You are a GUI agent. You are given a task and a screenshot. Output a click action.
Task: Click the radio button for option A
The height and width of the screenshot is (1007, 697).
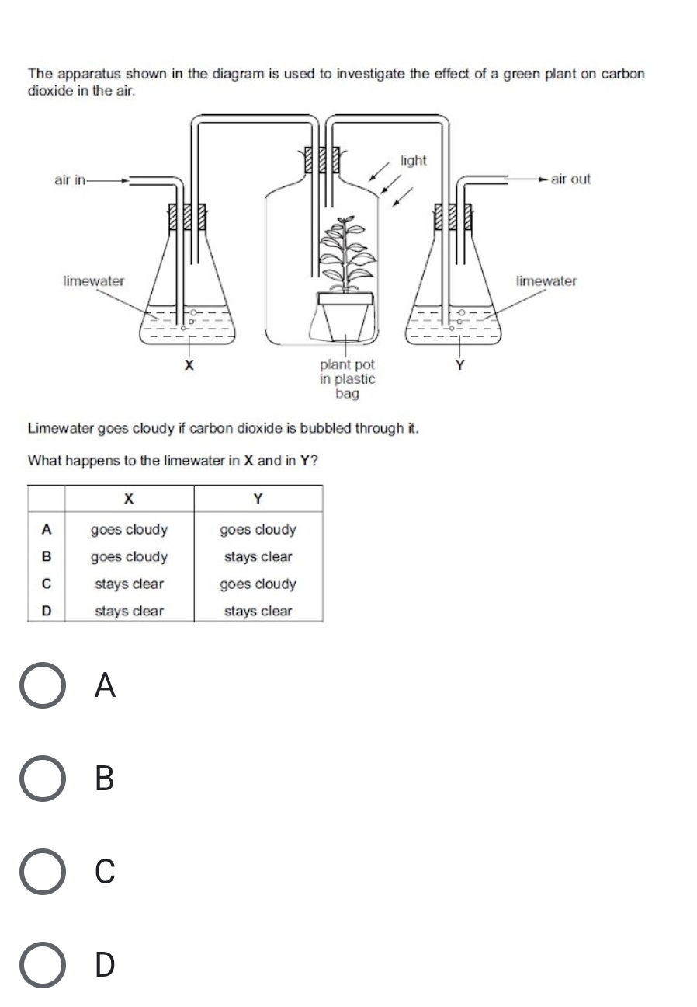point(42,685)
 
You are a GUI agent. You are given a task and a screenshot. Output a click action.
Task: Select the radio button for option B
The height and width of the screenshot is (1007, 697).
point(42,778)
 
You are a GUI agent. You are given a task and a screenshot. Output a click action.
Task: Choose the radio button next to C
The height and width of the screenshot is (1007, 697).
point(42,871)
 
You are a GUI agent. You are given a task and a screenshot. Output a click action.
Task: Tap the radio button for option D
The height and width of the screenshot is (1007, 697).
point(42,964)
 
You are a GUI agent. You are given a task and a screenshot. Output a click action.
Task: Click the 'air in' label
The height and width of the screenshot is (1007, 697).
point(70,180)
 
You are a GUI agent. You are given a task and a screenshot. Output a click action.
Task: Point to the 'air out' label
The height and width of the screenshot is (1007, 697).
point(570,179)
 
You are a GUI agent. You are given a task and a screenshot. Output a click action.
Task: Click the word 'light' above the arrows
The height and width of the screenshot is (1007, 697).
point(413,160)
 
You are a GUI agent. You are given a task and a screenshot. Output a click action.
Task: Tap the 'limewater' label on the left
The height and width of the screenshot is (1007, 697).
point(93,281)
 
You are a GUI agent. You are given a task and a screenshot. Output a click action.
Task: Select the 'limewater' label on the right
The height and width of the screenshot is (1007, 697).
point(546,281)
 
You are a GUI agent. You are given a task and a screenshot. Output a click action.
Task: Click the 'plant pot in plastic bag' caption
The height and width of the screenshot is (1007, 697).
point(347,379)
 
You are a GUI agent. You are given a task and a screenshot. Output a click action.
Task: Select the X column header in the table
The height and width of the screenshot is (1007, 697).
point(129,498)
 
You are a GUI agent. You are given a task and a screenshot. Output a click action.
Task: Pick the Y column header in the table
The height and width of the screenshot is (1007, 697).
point(258,498)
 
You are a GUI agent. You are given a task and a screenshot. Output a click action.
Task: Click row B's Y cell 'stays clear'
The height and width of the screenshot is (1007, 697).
point(258,557)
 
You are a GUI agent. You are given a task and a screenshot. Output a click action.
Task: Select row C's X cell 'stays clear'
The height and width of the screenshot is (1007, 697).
point(129,584)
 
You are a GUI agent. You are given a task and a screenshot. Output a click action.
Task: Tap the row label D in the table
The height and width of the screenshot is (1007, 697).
point(46,611)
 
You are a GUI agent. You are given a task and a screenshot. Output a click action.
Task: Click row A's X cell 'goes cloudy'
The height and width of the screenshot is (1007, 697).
point(129,530)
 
